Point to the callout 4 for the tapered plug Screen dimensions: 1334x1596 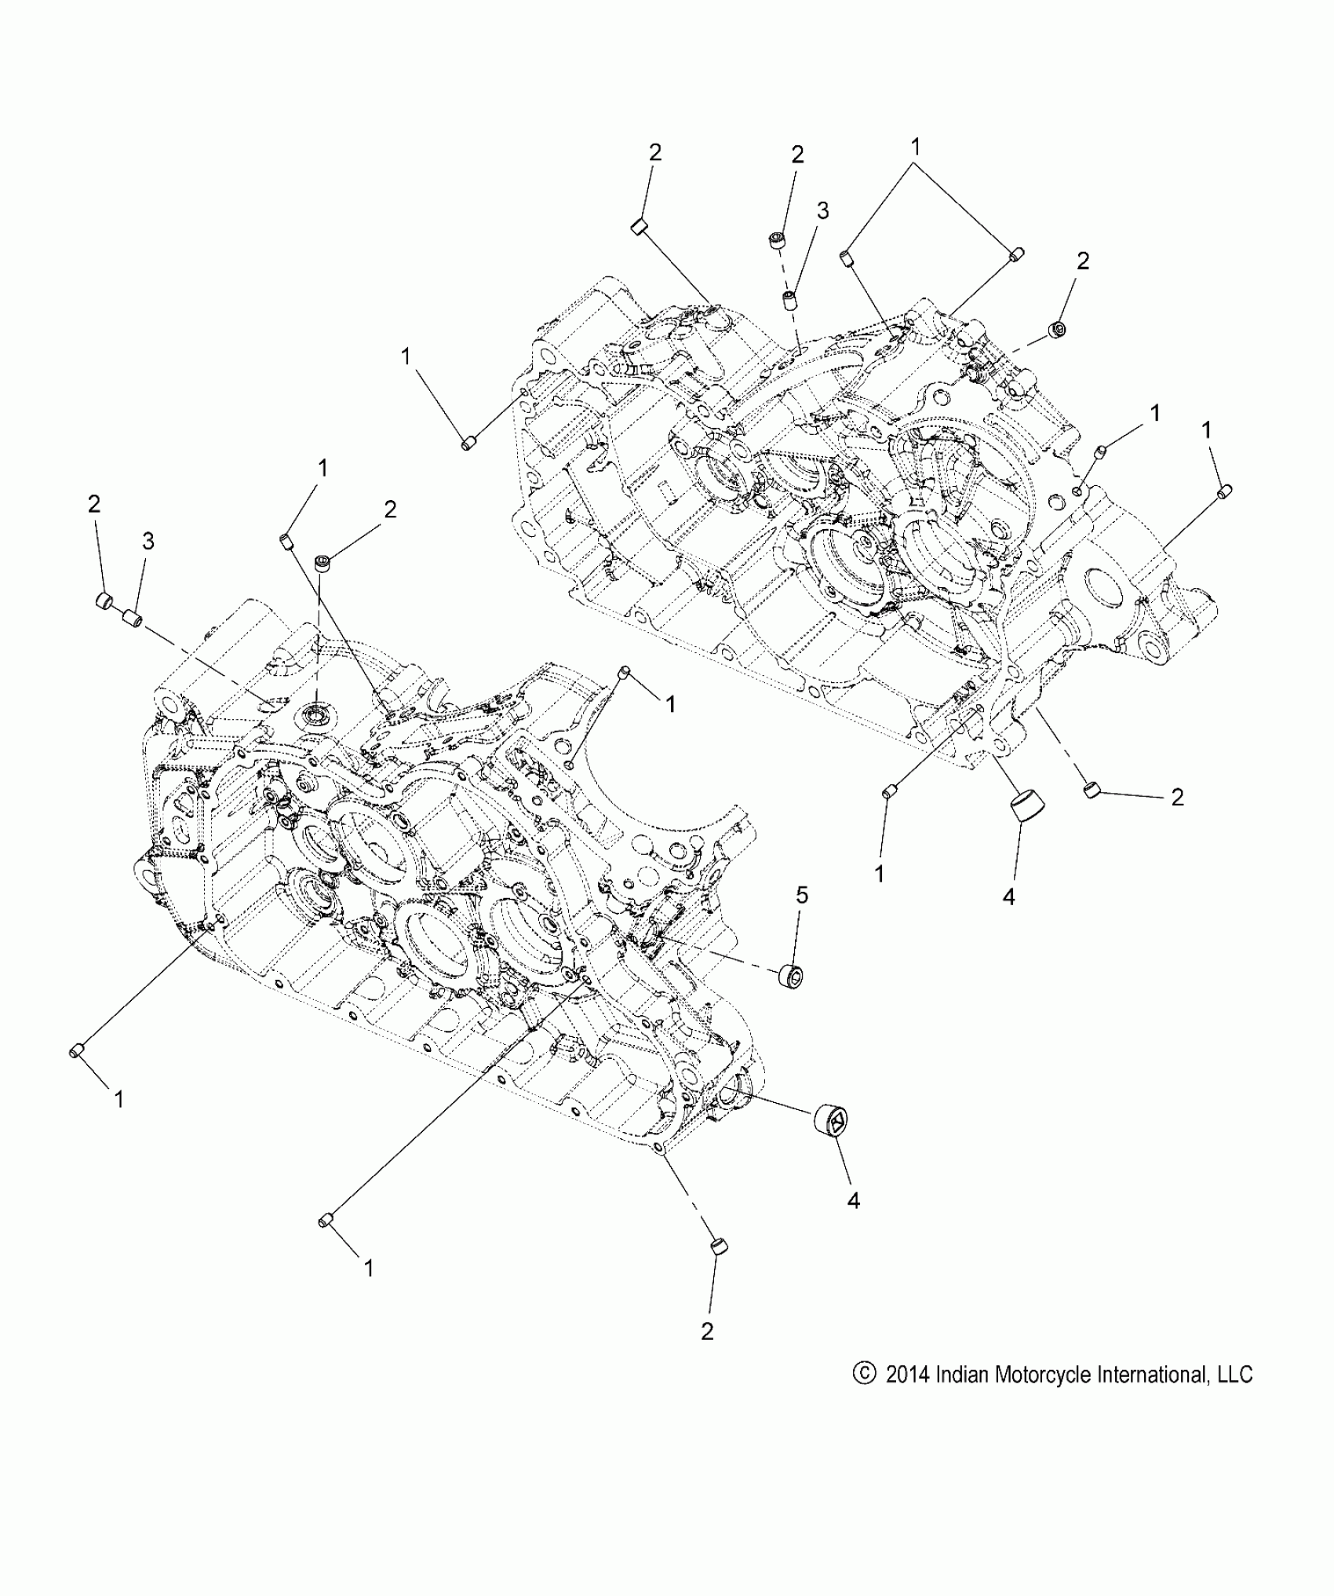pyautogui.click(x=1009, y=896)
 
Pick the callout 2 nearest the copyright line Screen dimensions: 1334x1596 pyautogui.click(x=707, y=1331)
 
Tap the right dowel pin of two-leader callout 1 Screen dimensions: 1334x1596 pyautogui.click(x=1016, y=254)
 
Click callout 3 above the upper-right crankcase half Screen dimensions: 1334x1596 pyautogui.click(x=822, y=210)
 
